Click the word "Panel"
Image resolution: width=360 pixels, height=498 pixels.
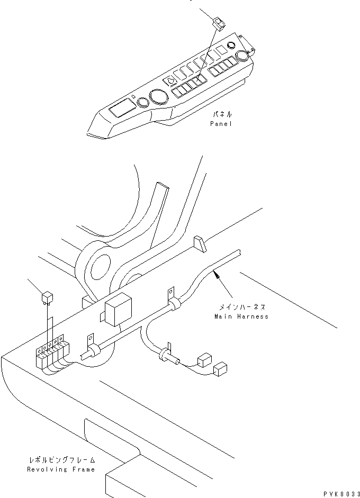[221, 123]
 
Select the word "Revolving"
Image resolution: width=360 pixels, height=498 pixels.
[47, 469]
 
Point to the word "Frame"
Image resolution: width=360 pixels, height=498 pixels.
[84, 469]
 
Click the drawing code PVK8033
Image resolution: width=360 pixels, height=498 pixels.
[341, 494]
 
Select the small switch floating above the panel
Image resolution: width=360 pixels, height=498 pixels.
[219, 24]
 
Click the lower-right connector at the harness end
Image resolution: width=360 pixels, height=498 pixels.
[220, 369]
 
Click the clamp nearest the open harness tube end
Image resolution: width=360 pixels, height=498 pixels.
[92, 347]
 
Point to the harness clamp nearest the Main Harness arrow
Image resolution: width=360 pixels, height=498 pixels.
[173, 301]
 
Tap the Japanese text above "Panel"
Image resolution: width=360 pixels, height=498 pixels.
[222, 114]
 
